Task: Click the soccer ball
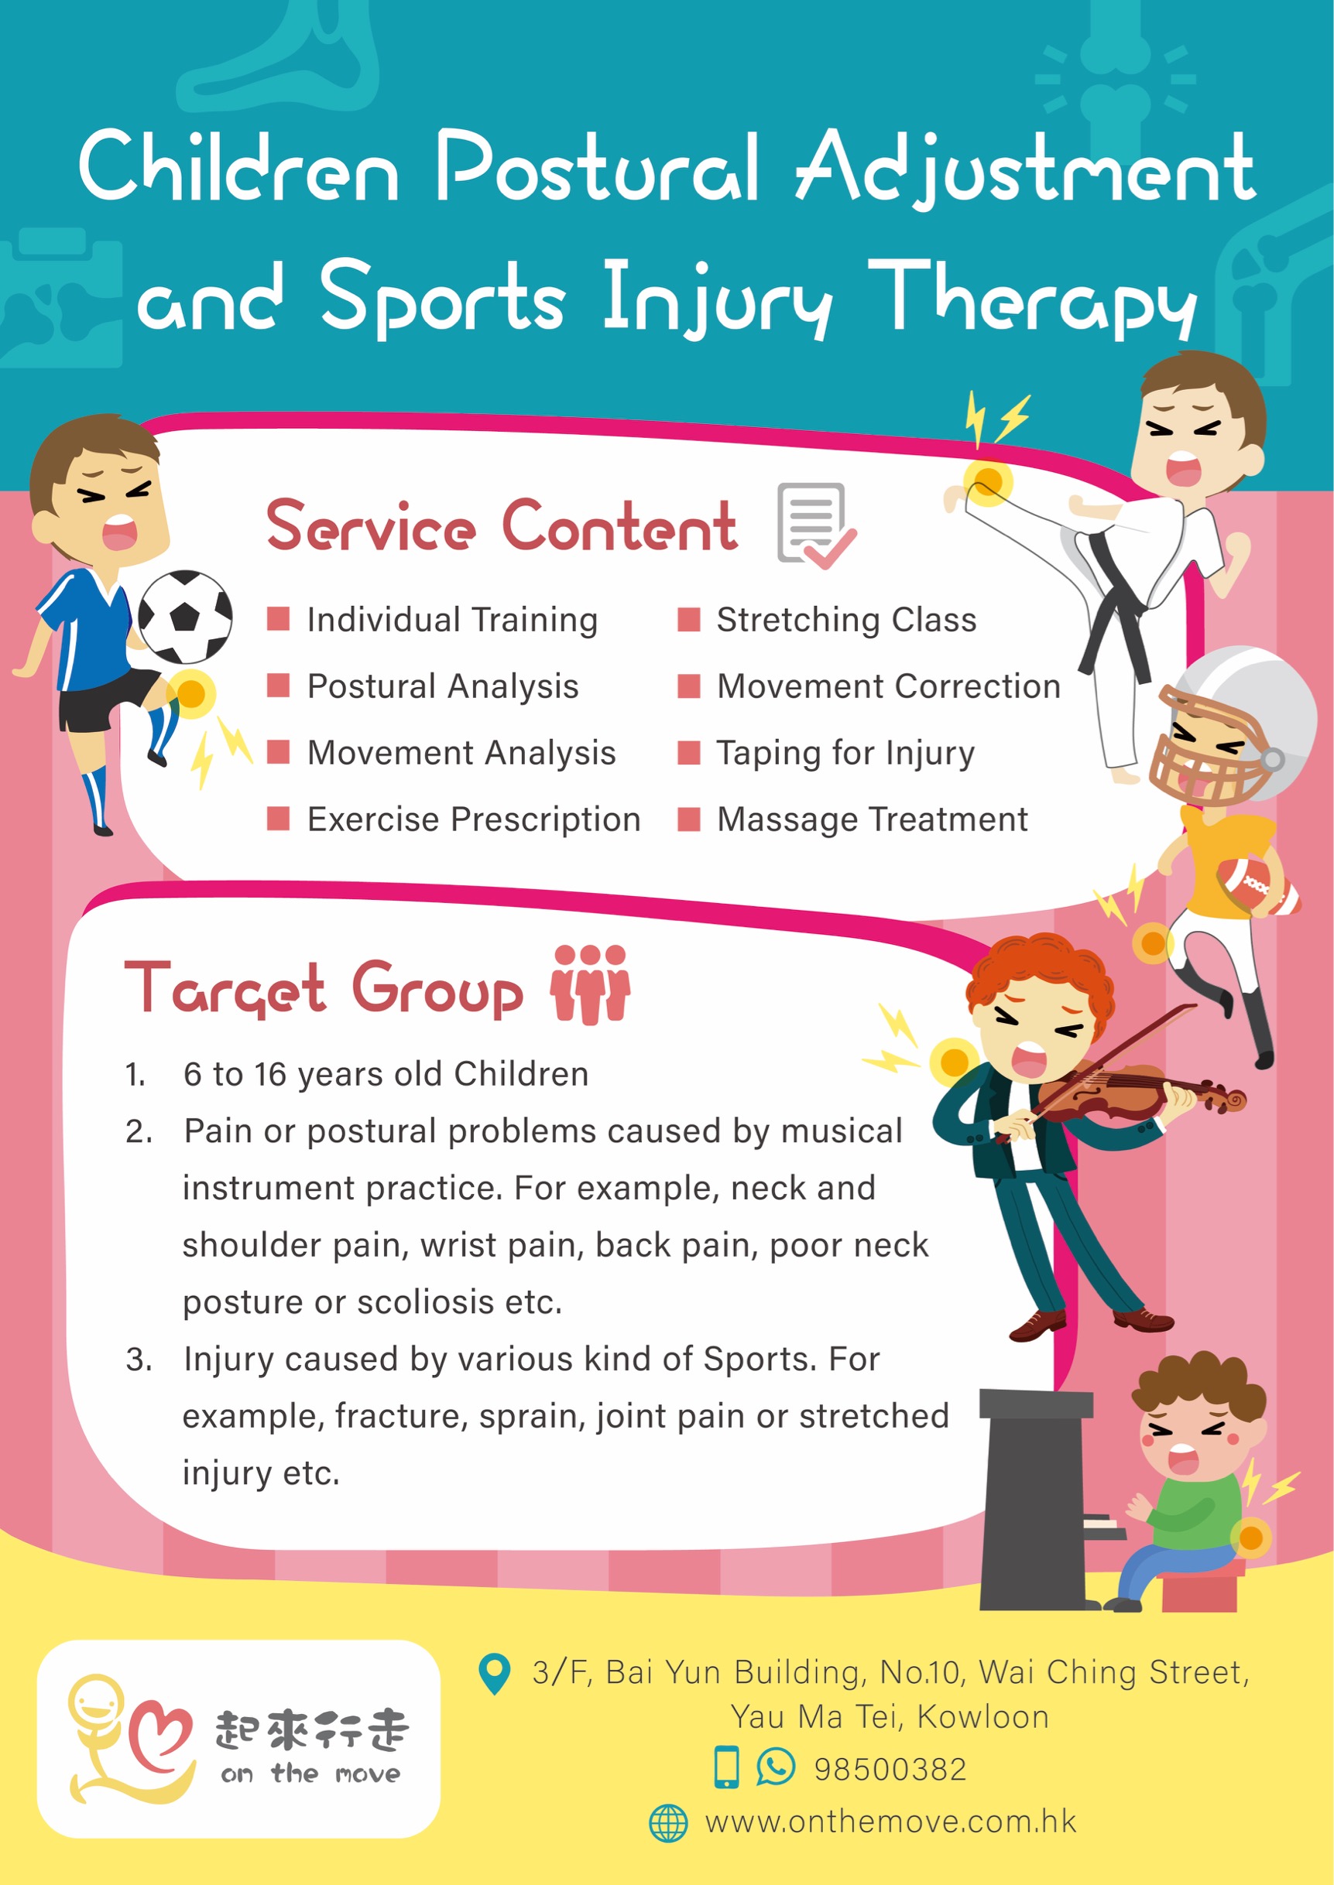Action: (185, 617)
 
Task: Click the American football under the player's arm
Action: (1257, 887)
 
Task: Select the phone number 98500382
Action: (890, 1769)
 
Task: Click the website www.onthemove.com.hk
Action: (890, 1822)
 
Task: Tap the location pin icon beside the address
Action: (495, 1674)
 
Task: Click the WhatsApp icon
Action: (776, 1767)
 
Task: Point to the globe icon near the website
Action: (668, 1823)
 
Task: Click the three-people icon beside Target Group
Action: (590, 984)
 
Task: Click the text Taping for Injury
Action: (845, 753)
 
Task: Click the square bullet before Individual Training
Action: (279, 619)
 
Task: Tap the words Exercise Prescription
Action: (473, 819)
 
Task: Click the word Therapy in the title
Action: (1032, 297)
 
